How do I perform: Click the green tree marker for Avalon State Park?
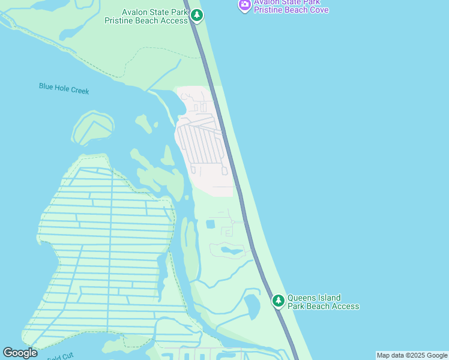[x=197, y=16]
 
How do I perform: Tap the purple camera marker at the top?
[x=244, y=5]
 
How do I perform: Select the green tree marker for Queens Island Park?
[x=278, y=301]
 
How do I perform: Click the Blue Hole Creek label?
[x=64, y=88]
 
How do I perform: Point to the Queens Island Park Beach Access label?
[x=323, y=302]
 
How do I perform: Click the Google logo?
[x=20, y=353]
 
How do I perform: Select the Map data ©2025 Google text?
[x=412, y=355]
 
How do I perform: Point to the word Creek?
[x=79, y=91]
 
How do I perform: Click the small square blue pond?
[x=210, y=224]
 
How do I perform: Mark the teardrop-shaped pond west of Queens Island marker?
[x=252, y=306]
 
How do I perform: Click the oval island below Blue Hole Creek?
[x=92, y=128]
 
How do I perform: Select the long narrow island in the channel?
[x=190, y=249]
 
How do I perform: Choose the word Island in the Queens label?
[x=330, y=298]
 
